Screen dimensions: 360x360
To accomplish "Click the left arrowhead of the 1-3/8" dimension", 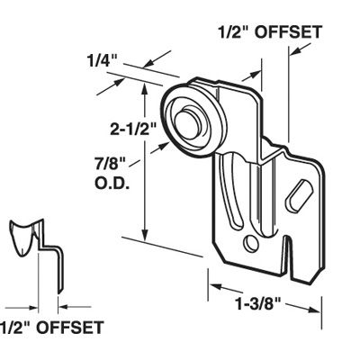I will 216,289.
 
